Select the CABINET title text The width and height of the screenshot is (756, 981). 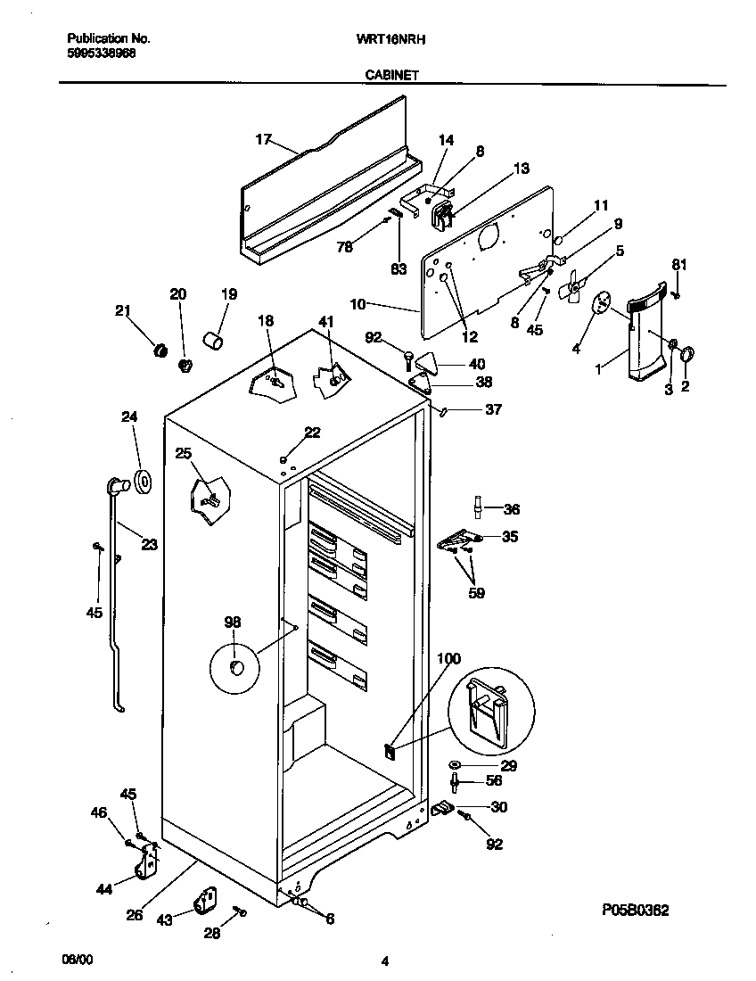point(391,77)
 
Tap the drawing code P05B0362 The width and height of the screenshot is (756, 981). point(636,911)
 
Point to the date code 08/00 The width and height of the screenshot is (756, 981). point(77,960)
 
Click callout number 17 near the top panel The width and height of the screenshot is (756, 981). point(263,139)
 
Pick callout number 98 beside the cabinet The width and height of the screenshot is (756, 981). point(233,622)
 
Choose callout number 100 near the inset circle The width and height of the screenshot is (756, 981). point(448,659)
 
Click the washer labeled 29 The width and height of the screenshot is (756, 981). point(456,766)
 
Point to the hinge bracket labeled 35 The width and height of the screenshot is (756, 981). point(459,539)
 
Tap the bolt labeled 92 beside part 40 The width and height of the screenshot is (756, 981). point(408,359)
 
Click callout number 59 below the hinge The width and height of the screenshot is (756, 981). point(477,592)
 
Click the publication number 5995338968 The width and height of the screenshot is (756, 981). point(102,54)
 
